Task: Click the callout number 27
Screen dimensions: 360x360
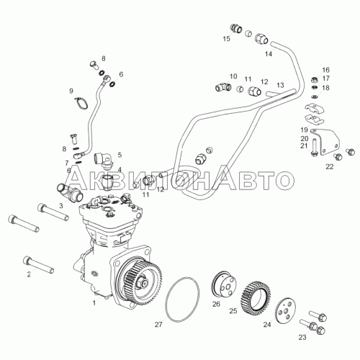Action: click(158, 325)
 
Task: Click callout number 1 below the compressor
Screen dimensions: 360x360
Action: click(94, 303)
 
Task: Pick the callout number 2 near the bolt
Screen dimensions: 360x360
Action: click(29, 274)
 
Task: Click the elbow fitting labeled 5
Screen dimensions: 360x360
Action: click(104, 159)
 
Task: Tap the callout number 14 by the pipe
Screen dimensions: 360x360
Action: click(269, 54)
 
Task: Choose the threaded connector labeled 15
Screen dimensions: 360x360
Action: click(236, 29)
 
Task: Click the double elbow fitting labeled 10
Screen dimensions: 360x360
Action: click(222, 86)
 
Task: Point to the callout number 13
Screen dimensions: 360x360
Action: click(280, 85)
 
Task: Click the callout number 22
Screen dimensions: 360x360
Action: click(330, 166)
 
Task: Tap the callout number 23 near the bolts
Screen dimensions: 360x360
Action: click(302, 337)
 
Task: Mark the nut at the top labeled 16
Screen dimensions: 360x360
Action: click(314, 80)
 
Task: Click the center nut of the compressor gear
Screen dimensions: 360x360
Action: click(143, 283)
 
